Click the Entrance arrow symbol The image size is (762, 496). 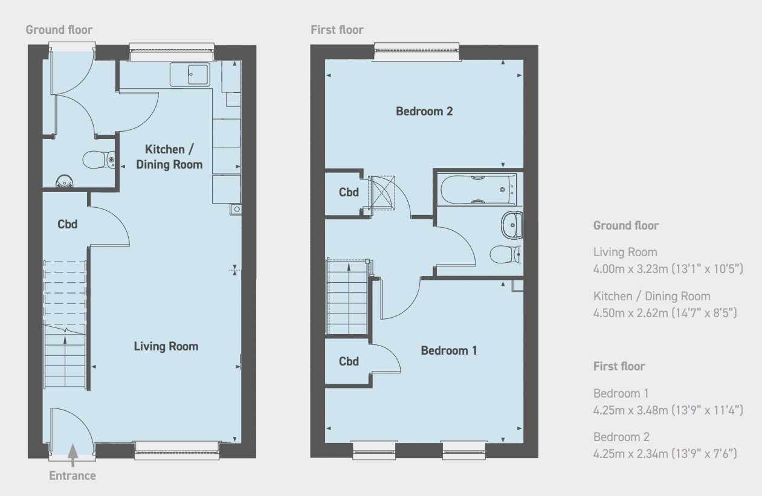point(73,455)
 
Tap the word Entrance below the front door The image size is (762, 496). point(73,475)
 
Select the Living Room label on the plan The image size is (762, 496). point(166,346)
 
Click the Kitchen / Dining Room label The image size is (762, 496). point(169,156)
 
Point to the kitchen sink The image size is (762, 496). point(190,75)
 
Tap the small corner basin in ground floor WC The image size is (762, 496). point(64,180)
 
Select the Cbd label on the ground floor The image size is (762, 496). point(67,224)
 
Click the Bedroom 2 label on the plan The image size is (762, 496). point(424,111)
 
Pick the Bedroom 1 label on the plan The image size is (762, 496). point(449,350)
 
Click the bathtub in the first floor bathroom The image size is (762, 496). point(478,190)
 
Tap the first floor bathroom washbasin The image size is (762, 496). point(511,226)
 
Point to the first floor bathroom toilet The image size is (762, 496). point(505,254)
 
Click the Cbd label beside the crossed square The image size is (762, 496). point(349,193)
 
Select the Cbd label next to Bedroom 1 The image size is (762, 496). point(349,361)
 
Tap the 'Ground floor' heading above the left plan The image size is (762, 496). point(59,30)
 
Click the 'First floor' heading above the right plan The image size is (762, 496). point(337,30)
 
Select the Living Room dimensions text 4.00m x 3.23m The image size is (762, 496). point(668,268)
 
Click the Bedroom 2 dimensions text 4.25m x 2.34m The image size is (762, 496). point(668,453)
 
